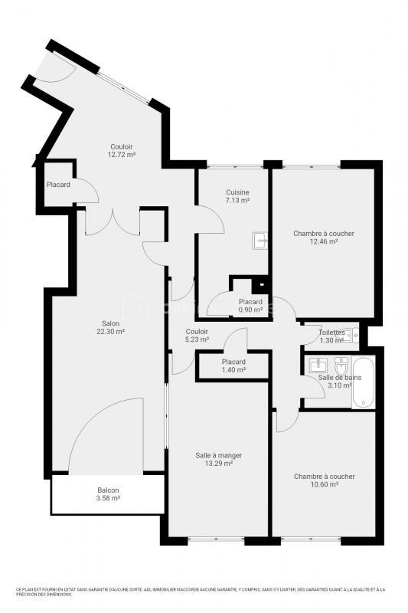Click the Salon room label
click(x=110, y=323)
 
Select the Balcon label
click(x=108, y=490)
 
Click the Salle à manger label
click(x=218, y=455)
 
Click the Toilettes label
click(x=331, y=332)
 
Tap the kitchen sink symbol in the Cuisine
click(x=260, y=241)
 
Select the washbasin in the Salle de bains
click(x=318, y=364)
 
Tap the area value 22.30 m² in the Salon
click(x=110, y=332)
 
